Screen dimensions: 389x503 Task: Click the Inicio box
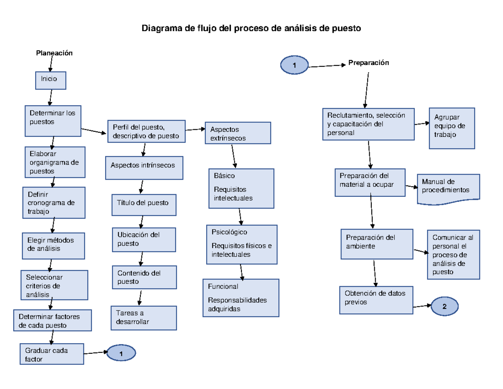coord(50,80)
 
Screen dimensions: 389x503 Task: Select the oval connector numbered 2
coord(444,306)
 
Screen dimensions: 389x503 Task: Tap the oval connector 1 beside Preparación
coord(294,65)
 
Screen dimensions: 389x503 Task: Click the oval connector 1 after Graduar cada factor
coord(121,353)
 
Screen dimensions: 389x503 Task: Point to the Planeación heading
coord(54,53)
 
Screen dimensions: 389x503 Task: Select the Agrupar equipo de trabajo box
coord(452,128)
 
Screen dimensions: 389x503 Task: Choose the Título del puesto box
coord(144,205)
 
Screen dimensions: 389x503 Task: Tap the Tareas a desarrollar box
coord(144,318)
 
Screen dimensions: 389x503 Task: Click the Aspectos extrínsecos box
coord(237,133)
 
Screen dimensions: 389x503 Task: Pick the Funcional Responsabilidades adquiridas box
coord(241,298)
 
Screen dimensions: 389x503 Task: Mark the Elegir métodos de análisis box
coord(53,245)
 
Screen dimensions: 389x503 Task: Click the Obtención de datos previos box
coord(376,300)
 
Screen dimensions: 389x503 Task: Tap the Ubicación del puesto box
coord(144,239)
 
